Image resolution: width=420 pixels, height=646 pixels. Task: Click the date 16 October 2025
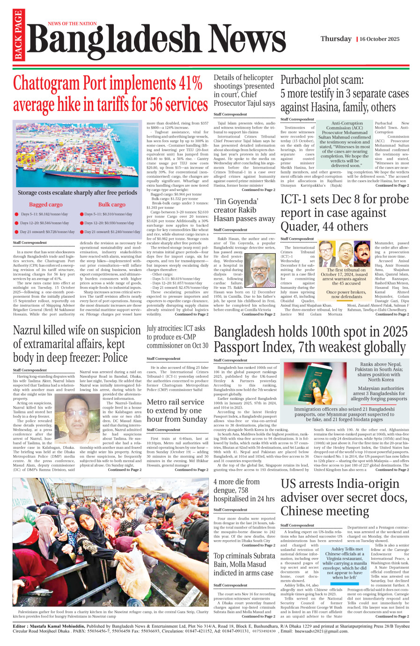[380, 39]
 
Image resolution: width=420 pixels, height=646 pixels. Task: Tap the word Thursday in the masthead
[336, 39]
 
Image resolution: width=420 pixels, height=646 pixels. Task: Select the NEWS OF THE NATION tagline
[72, 23]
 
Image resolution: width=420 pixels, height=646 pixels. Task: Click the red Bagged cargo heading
[45, 205]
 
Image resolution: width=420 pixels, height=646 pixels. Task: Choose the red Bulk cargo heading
[111, 205]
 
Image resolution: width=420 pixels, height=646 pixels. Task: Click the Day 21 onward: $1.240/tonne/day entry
[112, 232]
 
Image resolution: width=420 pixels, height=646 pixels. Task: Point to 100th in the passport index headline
[333, 332]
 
